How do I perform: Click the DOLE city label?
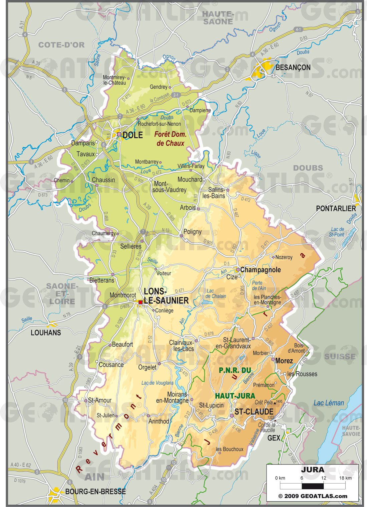(133, 135)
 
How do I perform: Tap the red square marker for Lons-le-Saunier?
(140, 302)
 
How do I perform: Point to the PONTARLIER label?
(336, 209)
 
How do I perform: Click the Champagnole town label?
(261, 270)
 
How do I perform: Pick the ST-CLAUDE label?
(254, 412)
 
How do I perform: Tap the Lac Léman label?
(328, 403)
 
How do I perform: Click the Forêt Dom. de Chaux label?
(170, 139)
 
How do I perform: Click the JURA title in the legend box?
(313, 470)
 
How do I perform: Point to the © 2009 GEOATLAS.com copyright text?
(313, 496)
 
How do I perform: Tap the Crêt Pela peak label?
(264, 402)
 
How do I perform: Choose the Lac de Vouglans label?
(157, 383)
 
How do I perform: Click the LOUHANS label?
(46, 333)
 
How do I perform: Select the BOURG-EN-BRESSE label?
(95, 492)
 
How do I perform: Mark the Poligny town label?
(193, 232)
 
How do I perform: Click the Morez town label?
(284, 361)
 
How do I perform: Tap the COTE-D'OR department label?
(61, 45)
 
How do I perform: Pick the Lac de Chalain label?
(216, 293)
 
